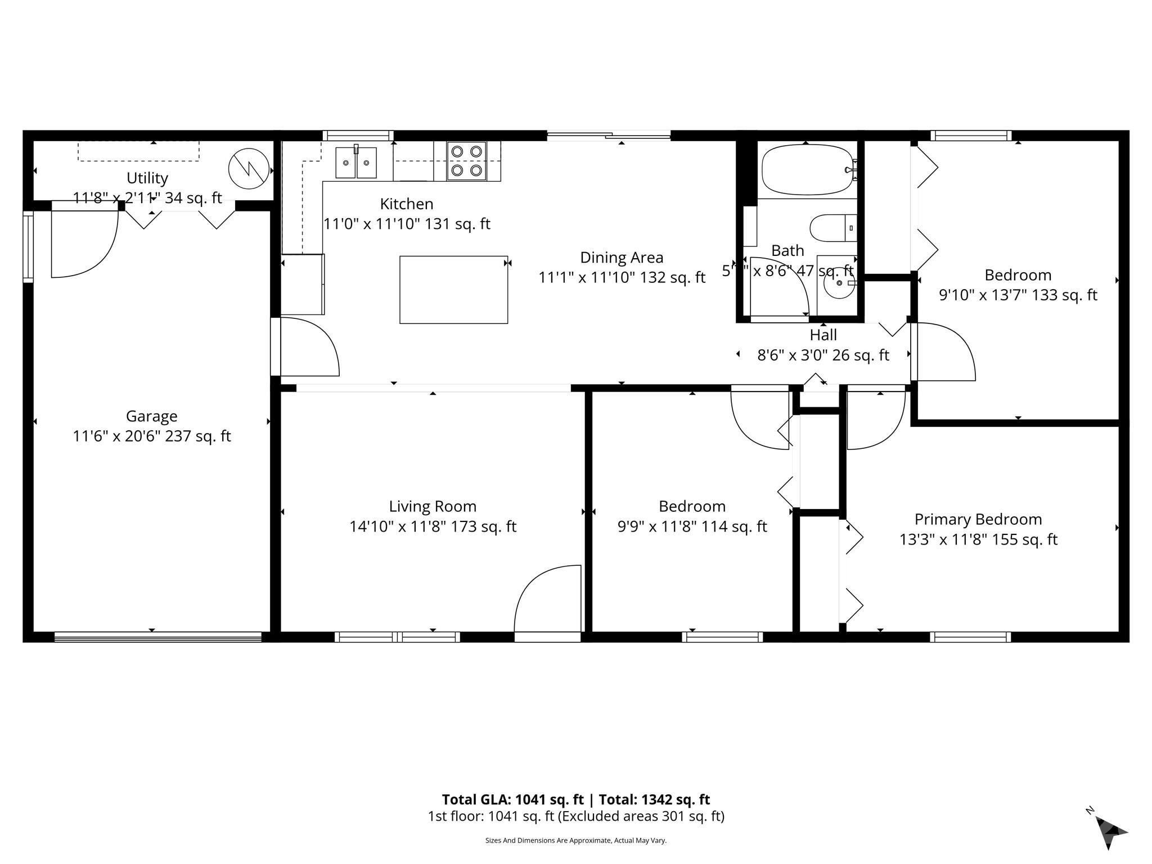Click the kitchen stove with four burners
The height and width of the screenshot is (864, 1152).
click(467, 160)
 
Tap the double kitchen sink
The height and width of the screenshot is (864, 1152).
click(356, 163)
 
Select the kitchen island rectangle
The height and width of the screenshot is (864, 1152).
click(453, 290)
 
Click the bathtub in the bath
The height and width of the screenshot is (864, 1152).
click(806, 168)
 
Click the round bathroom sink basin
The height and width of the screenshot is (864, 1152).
click(839, 283)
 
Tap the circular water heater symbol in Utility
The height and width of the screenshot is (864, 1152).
click(249, 168)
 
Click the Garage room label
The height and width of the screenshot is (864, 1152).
click(151, 416)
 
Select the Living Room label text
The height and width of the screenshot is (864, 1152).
click(433, 506)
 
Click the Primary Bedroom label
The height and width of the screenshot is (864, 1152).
click(978, 519)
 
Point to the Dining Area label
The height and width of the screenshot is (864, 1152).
click(622, 258)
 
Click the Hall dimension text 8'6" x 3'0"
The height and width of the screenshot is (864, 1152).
click(823, 355)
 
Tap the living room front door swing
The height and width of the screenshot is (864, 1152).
click(547, 599)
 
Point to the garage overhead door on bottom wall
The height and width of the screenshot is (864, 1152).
click(158, 637)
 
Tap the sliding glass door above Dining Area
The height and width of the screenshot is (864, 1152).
click(609, 135)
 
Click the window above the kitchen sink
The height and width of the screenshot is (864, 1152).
click(358, 135)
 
